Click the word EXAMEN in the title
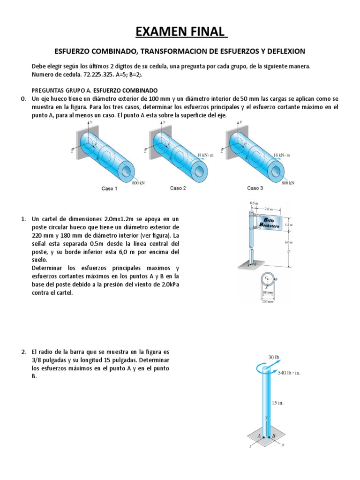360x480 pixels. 157,32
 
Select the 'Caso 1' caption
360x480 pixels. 109,188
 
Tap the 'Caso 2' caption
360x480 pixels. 178,188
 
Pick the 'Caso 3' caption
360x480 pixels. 255,188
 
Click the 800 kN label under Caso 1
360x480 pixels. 138,182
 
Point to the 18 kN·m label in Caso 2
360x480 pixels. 205,155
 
